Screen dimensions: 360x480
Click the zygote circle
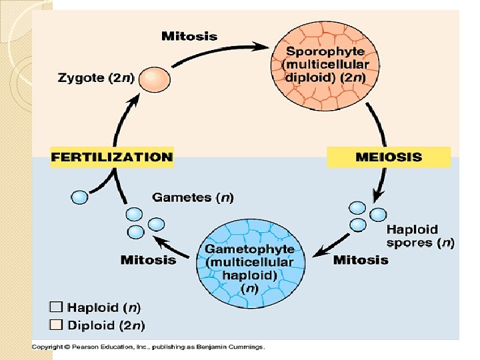point(155,79)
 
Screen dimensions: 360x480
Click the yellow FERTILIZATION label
point(112,157)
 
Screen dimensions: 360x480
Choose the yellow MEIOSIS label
point(389,157)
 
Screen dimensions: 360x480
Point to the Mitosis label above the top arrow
point(189,36)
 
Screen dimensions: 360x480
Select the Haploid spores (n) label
point(420,236)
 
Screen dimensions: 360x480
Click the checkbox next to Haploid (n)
point(56,307)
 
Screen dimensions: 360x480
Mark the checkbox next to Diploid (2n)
point(56,325)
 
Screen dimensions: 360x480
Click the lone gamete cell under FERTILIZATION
point(79,197)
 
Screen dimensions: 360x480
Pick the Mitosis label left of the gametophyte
point(148,259)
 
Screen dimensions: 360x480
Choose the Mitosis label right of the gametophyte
point(361,259)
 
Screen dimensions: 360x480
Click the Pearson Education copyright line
point(149,347)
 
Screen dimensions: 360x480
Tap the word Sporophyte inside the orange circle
point(325,51)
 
